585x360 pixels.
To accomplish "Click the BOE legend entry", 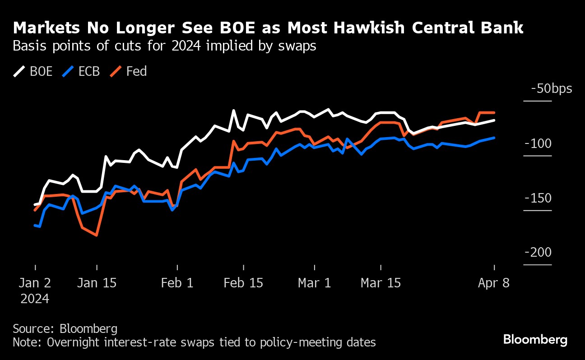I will (33, 71).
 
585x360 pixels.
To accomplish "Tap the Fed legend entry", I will (129, 71).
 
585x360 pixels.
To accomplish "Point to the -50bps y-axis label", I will (551, 88).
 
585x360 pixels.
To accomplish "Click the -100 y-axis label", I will (538, 143).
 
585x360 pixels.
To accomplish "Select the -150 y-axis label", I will (538, 198).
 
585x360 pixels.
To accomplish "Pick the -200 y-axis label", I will (538, 253).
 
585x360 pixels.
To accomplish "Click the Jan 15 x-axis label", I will (97, 283).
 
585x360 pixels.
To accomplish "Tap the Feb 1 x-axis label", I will (177, 283).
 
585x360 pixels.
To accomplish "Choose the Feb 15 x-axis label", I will (243, 283).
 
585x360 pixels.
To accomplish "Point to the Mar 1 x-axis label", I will (315, 283).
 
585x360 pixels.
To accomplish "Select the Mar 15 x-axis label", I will (381, 283).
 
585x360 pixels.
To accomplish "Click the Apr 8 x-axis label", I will (494, 283).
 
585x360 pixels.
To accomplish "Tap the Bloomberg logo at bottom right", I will (535, 340).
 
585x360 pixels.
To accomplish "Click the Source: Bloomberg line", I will (65, 328).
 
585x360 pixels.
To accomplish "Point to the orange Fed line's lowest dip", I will (97, 235).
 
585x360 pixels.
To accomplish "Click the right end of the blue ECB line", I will (494, 138).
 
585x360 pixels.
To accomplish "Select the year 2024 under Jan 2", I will (35, 298).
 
